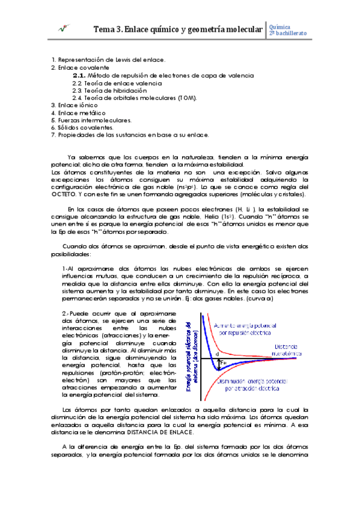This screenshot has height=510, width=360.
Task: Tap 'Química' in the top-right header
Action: coord(281,26)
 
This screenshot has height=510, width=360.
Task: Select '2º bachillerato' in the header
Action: coord(288,33)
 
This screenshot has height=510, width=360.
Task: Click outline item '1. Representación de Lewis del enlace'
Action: coord(108,60)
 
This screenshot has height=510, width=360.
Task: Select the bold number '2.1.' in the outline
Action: coord(79,76)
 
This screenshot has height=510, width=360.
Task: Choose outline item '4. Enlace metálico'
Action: coord(78,112)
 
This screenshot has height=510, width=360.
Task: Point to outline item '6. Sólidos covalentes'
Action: coord(82,127)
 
